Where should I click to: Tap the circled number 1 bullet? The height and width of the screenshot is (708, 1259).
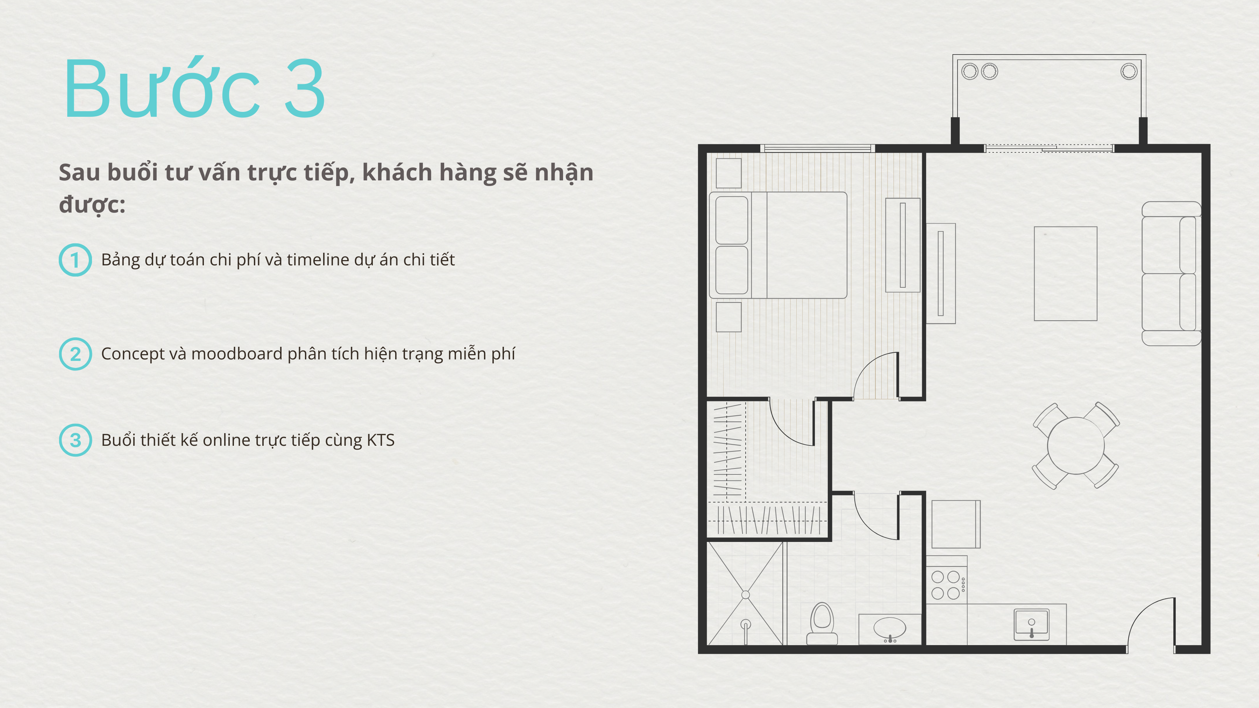click(x=75, y=260)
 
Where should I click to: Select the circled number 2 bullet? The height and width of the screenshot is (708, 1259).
click(x=75, y=354)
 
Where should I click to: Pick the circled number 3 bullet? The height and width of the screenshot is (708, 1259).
click(x=75, y=440)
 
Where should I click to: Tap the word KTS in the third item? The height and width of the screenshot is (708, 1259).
click(x=380, y=440)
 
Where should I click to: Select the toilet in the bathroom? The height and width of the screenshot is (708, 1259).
click(x=822, y=623)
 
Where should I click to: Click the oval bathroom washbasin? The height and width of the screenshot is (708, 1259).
click(x=889, y=628)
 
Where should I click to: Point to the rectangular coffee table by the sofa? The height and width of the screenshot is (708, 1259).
click(x=1066, y=274)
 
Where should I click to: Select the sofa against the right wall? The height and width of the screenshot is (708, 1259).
click(x=1171, y=274)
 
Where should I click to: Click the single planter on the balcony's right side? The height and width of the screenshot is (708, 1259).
click(x=1129, y=71)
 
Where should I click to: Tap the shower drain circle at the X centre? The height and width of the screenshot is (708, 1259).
click(x=745, y=595)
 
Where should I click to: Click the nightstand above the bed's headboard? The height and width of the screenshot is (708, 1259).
click(x=728, y=173)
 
